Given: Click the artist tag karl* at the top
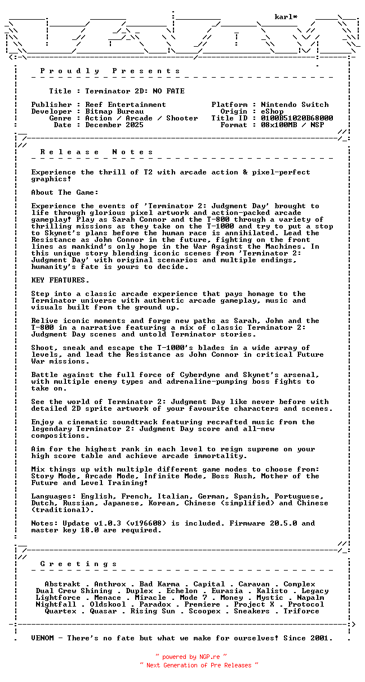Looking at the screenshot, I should [x=286, y=17].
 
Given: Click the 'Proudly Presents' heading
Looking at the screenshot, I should [x=110, y=71].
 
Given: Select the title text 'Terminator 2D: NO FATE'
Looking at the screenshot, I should [x=135, y=91].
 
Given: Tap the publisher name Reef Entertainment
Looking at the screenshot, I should [x=126, y=105].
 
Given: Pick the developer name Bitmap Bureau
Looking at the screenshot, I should [x=114, y=111].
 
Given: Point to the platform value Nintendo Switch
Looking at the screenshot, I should [x=295, y=105].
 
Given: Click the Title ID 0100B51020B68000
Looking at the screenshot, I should [x=297, y=118].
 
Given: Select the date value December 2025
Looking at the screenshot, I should [x=114, y=125].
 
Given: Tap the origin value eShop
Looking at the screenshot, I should [x=272, y=111].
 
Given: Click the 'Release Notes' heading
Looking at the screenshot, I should [x=96, y=152].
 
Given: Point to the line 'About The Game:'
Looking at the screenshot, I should [x=65, y=192].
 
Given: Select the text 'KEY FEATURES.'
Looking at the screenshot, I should [x=60, y=280].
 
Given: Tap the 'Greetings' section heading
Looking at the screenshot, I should [x=78, y=564].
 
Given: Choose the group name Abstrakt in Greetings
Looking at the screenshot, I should [x=63, y=584].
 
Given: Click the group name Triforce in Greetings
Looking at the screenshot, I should [x=301, y=611].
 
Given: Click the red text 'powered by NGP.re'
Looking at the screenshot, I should [x=192, y=657].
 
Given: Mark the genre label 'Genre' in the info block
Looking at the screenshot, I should [x=60, y=118].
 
